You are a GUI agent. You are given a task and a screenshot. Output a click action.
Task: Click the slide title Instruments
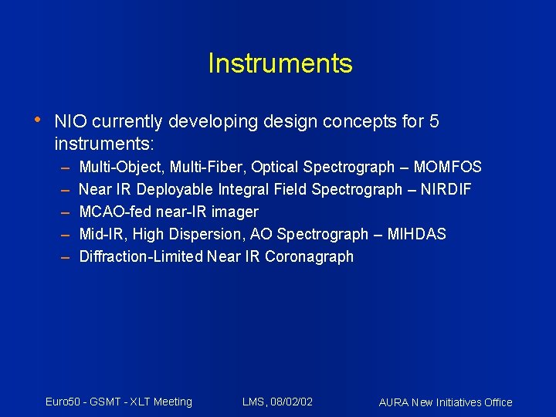(x=280, y=63)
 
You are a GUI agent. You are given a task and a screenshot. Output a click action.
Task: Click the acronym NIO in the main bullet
(x=68, y=122)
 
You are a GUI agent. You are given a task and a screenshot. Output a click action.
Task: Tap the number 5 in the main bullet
(x=434, y=122)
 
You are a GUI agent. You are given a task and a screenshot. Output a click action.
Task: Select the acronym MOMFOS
(x=447, y=167)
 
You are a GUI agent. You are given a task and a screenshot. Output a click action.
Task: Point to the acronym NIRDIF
(x=446, y=189)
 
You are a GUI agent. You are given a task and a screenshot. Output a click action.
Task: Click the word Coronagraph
(x=309, y=256)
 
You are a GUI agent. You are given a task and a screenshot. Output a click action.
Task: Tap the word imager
(x=236, y=212)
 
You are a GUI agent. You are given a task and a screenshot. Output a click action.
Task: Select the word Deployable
(x=176, y=189)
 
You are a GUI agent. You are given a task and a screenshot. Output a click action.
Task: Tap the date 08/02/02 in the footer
(x=290, y=402)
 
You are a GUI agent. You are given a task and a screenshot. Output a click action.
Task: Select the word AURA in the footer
(x=394, y=402)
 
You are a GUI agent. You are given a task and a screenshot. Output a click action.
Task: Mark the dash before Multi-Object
(x=63, y=168)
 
